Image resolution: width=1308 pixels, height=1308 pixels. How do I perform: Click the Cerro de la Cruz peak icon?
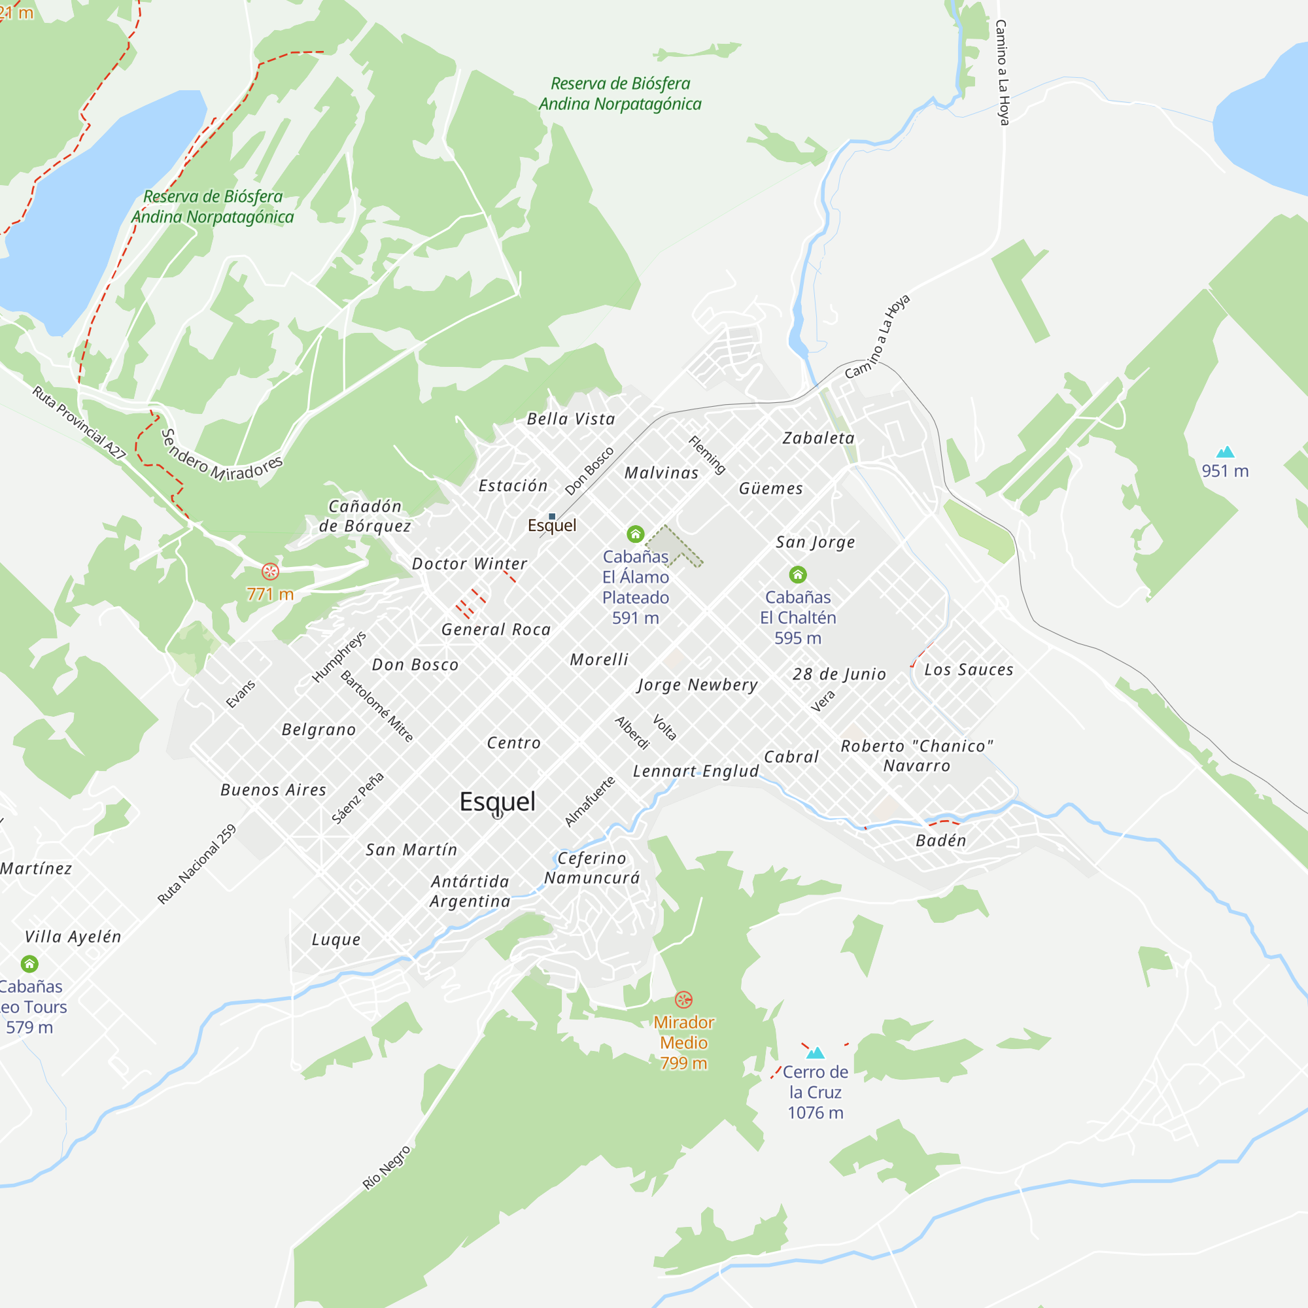(815, 1053)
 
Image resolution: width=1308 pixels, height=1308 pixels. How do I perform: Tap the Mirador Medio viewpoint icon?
(684, 999)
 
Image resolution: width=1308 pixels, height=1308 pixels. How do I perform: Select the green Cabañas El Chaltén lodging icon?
(797, 575)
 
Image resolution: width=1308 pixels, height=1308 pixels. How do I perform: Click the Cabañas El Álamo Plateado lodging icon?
(635, 534)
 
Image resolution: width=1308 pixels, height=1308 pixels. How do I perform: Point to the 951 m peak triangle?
(1226, 451)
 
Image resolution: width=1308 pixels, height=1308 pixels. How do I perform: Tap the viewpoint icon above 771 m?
(270, 572)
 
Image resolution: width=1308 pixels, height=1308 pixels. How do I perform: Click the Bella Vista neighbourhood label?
(571, 419)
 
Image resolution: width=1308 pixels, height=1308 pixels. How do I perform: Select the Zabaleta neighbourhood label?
(819, 438)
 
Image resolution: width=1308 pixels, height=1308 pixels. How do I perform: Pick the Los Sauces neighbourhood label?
(969, 670)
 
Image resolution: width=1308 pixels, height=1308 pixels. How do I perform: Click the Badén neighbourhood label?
(940, 840)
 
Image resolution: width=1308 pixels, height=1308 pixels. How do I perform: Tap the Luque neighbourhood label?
(336, 939)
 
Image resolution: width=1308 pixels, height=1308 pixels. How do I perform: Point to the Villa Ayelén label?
(73, 937)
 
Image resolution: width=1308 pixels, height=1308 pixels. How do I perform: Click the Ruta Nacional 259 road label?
(196, 864)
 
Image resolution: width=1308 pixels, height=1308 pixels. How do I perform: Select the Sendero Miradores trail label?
(222, 456)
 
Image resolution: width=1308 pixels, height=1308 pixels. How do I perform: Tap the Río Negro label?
(386, 1167)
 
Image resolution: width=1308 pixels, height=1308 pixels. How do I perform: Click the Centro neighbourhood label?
(514, 743)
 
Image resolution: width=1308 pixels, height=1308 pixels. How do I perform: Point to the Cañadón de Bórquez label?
(365, 516)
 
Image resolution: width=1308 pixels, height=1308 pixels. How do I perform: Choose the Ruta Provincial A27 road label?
(79, 422)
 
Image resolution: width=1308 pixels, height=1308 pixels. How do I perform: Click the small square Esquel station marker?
(552, 517)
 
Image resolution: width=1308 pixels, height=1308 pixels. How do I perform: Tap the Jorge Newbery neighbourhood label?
(697, 685)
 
